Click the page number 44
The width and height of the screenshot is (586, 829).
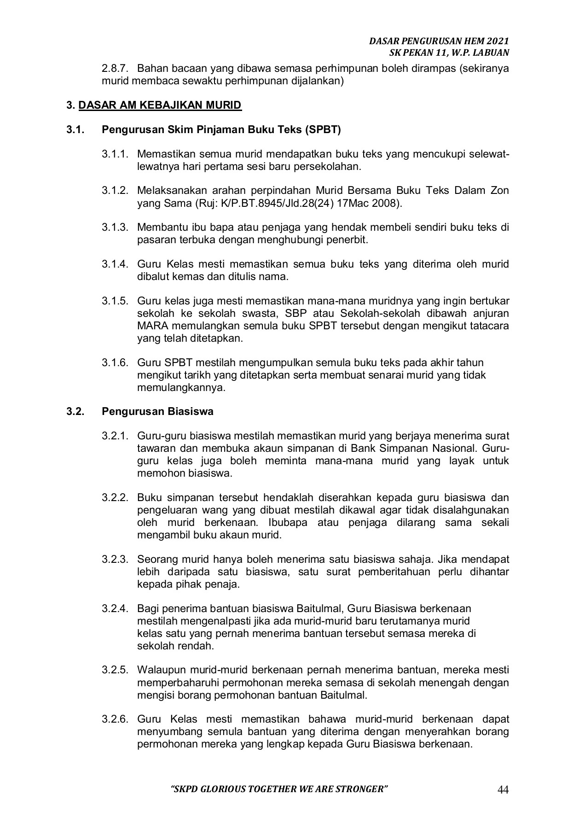[503, 790]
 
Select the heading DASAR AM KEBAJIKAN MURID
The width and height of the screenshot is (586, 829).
[160, 105]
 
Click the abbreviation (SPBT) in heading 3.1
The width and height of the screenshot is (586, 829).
[322, 130]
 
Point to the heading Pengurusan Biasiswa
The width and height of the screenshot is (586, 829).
[157, 411]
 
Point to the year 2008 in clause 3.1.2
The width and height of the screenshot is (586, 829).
[388, 203]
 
